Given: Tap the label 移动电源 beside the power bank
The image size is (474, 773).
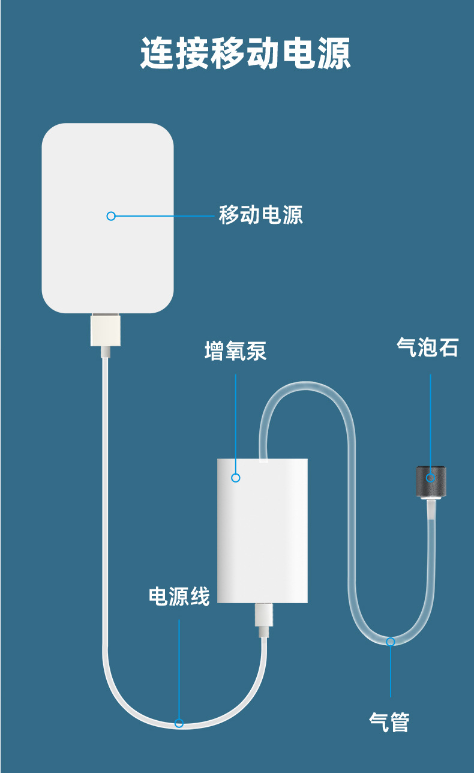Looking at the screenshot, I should [260, 215].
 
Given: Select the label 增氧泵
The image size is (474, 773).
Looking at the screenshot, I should [235, 351].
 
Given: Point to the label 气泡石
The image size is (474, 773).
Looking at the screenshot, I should [427, 347].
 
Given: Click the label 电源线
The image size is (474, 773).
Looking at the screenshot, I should [179, 597].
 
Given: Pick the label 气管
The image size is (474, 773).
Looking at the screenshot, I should [389, 722].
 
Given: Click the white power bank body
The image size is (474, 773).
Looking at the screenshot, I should [107, 180].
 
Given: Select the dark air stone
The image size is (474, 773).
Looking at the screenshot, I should [430, 482].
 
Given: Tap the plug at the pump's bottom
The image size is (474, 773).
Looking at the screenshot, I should [263, 617].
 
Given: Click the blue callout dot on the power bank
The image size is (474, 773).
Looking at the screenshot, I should [110, 216].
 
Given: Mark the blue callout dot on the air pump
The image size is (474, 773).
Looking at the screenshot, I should [236, 478].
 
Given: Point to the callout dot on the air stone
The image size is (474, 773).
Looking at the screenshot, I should [430, 478].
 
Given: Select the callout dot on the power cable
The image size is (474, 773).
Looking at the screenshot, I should [179, 723].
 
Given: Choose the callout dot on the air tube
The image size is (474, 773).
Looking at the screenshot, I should [391, 642].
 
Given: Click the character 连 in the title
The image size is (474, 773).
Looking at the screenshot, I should [158, 54].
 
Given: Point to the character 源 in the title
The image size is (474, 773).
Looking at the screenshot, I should [334, 54].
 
